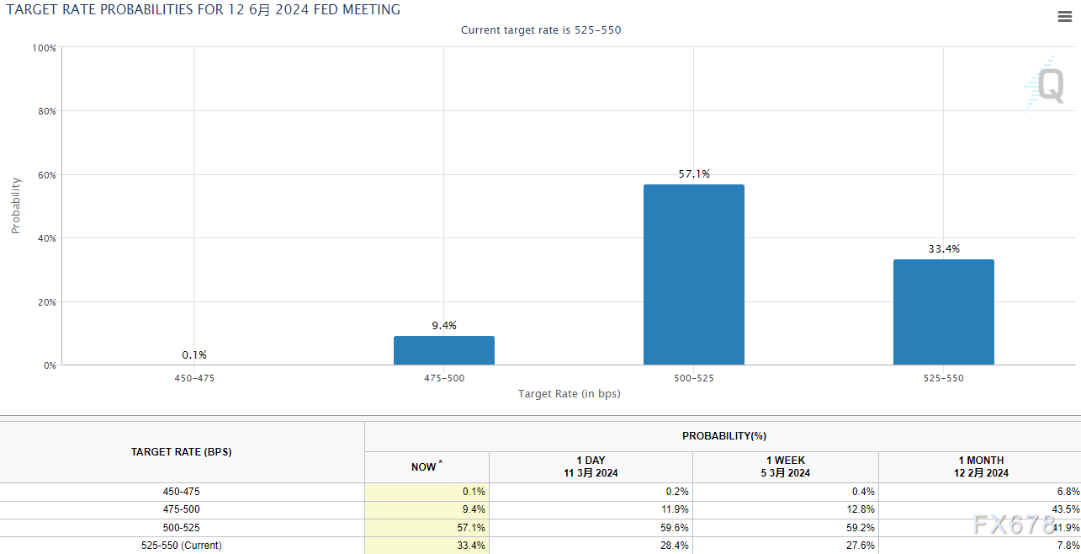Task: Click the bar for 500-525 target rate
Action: pyautogui.click(x=693, y=274)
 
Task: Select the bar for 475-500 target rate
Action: pyautogui.click(x=443, y=350)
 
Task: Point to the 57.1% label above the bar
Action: pyautogui.click(x=694, y=174)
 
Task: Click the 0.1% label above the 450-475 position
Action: pyautogui.click(x=194, y=355)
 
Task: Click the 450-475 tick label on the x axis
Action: pyautogui.click(x=194, y=378)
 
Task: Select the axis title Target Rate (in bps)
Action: pyautogui.click(x=569, y=393)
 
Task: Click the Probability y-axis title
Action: pyautogui.click(x=16, y=205)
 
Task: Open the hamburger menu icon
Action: pyautogui.click(x=1064, y=17)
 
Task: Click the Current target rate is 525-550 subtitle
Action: pyautogui.click(x=541, y=30)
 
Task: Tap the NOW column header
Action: pyautogui.click(x=425, y=466)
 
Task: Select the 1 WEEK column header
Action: pyautogui.click(x=785, y=466)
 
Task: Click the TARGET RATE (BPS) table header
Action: pyautogui.click(x=182, y=452)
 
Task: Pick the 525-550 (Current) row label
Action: pyautogui.click(x=182, y=546)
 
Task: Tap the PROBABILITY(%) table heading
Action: pyautogui.click(x=723, y=436)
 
